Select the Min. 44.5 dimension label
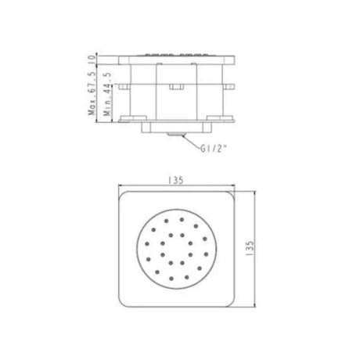tap(108, 99)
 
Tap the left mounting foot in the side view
tap(128, 118)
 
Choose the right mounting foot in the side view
tap(223, 118)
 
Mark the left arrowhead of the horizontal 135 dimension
tap(120, 186)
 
